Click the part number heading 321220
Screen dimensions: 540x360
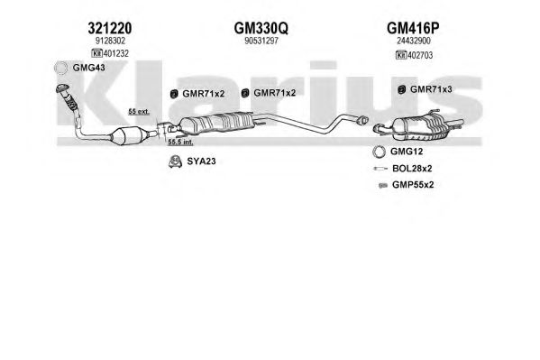(x=109, y=28)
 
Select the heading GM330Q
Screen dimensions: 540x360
(x=261, y=28)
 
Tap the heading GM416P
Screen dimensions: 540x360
(x=413, y=28)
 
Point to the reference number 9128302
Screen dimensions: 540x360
(x=110, y=41)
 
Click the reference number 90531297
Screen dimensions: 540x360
(x=261, y=41)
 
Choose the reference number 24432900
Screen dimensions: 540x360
(x=414, y=41)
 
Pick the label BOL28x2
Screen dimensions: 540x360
(x=412, y=169)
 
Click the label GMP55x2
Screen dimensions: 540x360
(x=413, y=185)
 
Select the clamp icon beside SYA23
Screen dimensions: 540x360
(x=175, y=162)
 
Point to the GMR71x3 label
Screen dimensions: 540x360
(x=431, y=89)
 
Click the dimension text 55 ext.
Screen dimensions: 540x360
(x=139, y=111)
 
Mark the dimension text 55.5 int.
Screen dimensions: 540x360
(x=180, y=142)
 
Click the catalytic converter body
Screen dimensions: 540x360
(x=128, y=135)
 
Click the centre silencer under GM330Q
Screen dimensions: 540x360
(x=216, y=124)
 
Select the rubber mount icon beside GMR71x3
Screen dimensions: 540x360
(x=401, y=89)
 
